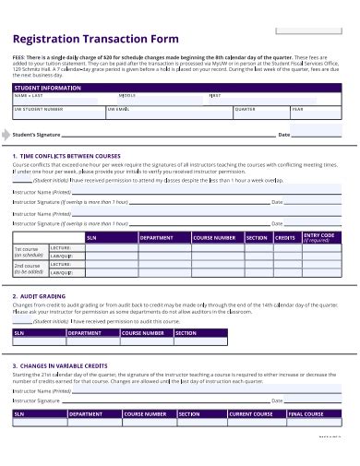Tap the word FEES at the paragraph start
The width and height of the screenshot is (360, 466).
pos(18,56)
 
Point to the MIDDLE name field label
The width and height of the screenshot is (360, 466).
pos(127,96)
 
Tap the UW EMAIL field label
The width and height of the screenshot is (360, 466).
pos(120,109)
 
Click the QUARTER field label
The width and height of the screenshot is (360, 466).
pos(246,109)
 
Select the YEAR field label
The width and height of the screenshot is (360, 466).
pos(297,109)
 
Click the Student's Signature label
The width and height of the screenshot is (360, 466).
pos(42,135)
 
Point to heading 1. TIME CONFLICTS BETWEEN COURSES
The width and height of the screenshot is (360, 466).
pos(67,156)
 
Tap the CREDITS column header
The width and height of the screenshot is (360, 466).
pos(285,237)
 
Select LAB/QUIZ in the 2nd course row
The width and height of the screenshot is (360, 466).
pos(62,273)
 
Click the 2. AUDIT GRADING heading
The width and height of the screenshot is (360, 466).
pos(41,296)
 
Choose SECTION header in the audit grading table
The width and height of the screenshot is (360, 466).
pos(186,333)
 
